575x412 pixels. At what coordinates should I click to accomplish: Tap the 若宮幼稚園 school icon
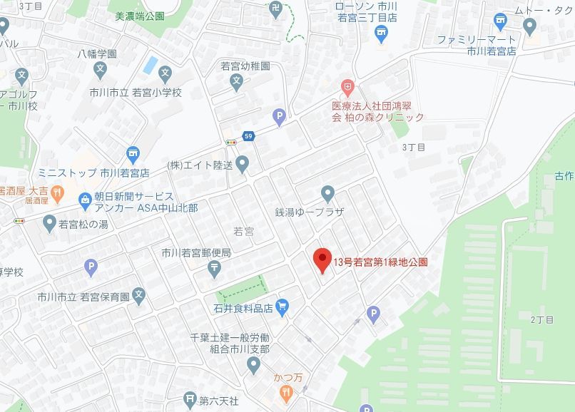[x=237, y=83]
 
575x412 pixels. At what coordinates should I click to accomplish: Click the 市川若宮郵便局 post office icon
[x=215, y=268]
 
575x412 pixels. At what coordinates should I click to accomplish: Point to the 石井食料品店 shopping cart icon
[x=283, y=307]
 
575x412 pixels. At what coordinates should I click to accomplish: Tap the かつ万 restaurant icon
[x=286, y=391]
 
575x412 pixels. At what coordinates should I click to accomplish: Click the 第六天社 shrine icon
[x=190, y=399]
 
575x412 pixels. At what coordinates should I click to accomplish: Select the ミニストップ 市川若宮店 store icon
[x=132, y=154]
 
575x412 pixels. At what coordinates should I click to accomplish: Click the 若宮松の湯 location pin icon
[x=49, y=224]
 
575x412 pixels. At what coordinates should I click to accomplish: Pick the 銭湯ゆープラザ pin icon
[x=327, y=193]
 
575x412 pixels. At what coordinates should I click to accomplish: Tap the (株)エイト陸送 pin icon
[x=243, y=165]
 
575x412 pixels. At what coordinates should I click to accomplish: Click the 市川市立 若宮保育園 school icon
[x=139, y=294]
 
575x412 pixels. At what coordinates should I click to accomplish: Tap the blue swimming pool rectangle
[x=150, y=65]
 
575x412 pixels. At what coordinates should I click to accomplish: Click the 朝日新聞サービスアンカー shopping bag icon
[x=85, y=199]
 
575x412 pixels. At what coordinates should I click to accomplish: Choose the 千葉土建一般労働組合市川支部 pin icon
[x=253, y=366]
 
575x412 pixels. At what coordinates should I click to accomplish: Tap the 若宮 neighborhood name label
[x=243, y=230]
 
